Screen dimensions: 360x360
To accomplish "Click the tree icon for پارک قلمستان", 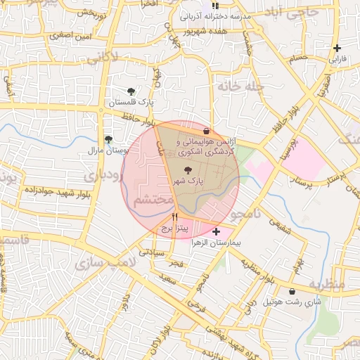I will (x=131, y=91).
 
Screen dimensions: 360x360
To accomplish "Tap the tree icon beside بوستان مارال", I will (x=108, y=139).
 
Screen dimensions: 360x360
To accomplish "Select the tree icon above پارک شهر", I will (x=188, y=170).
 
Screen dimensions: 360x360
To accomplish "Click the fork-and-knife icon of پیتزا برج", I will (x=174, y=218).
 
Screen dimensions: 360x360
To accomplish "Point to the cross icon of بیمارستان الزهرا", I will (x=215, y=231).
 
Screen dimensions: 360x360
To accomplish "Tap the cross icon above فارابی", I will (x=338, y=48).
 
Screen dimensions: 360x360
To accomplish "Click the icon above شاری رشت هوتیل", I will (x=292, y=291).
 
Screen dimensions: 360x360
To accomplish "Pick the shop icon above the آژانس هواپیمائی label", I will (x=206, y=131).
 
